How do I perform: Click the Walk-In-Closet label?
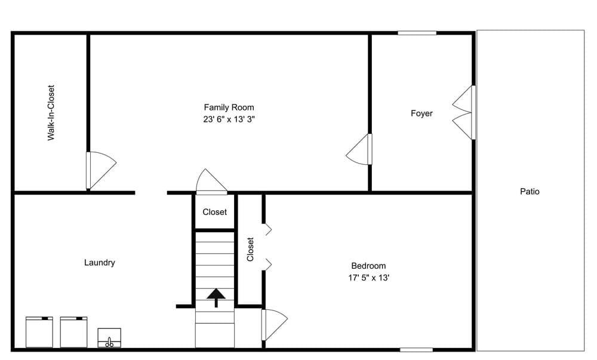[x=51, y=112]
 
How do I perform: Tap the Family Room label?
[x=229, y=107]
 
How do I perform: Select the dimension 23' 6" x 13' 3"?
[x=229, y=119]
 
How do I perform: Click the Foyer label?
[x=421, y=113]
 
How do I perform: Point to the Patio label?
[x=530, y=192]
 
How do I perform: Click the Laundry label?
[x=99, y=263]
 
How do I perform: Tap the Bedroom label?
[x=368, y=266]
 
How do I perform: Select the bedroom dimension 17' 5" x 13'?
[x=368, y=278]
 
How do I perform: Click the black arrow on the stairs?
[x=216, y=297]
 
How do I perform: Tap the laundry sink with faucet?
[x=109, y=338]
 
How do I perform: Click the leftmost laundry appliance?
[x=39, y=332]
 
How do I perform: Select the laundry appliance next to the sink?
[x=74, y=332]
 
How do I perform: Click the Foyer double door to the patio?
[x=464, y=113]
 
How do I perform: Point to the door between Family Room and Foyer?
[x=360, y=149]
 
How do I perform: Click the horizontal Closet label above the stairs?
[x=214, y=212]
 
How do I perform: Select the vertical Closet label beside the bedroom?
[x=251, y=250]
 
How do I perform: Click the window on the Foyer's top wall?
[x=417, y=33]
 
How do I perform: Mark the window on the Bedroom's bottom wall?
[x=416, y=349]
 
